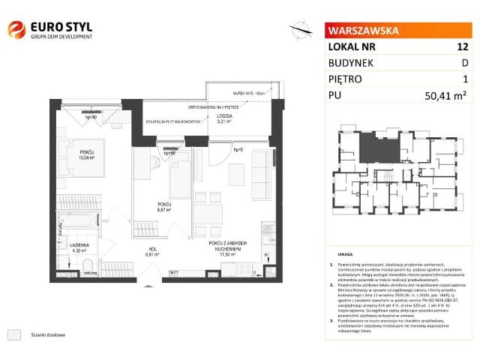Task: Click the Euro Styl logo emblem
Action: click(16, 29)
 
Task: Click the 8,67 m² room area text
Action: click(165, 209)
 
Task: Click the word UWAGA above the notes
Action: click(345, 254)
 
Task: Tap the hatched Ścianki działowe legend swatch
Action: click(13, 313)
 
